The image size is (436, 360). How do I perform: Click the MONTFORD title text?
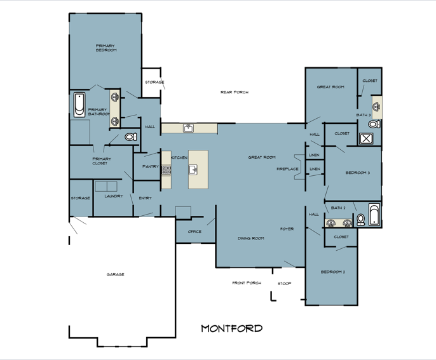[231, 329]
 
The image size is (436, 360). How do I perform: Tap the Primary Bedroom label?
[106, 48]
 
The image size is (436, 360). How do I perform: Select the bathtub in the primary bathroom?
[79, 105]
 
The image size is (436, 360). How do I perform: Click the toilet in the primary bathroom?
[131, 137]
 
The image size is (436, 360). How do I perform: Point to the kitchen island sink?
[193, 170]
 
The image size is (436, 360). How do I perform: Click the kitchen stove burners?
[166, 170]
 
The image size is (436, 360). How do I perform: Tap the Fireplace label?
[287, 169]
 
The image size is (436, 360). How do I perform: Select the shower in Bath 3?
[366, 138]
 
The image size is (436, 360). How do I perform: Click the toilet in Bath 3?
[374, 124]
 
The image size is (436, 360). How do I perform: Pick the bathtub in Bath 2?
[374, 215]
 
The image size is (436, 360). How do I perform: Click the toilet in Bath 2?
[360, 220]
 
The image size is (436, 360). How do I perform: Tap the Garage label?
[116, 274]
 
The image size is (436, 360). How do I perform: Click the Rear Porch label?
[235, 92]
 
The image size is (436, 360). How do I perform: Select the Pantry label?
[151, 166]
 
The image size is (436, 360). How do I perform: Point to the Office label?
[194, 232]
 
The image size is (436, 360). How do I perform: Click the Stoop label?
[285, 284]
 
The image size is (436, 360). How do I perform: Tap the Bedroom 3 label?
[358, 173]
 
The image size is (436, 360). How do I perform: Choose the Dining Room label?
[251, 238]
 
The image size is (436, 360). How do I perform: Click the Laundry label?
[114, 196]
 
